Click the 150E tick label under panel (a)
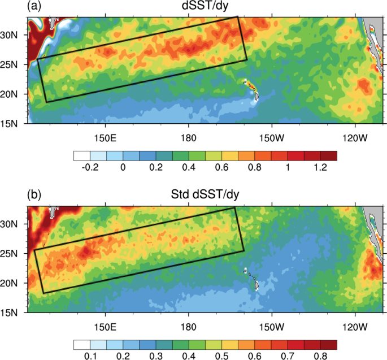coord(105,138)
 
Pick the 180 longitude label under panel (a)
coord(188,138)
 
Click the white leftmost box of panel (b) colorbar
coord(81,344)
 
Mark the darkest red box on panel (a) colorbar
coord(329,155)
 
